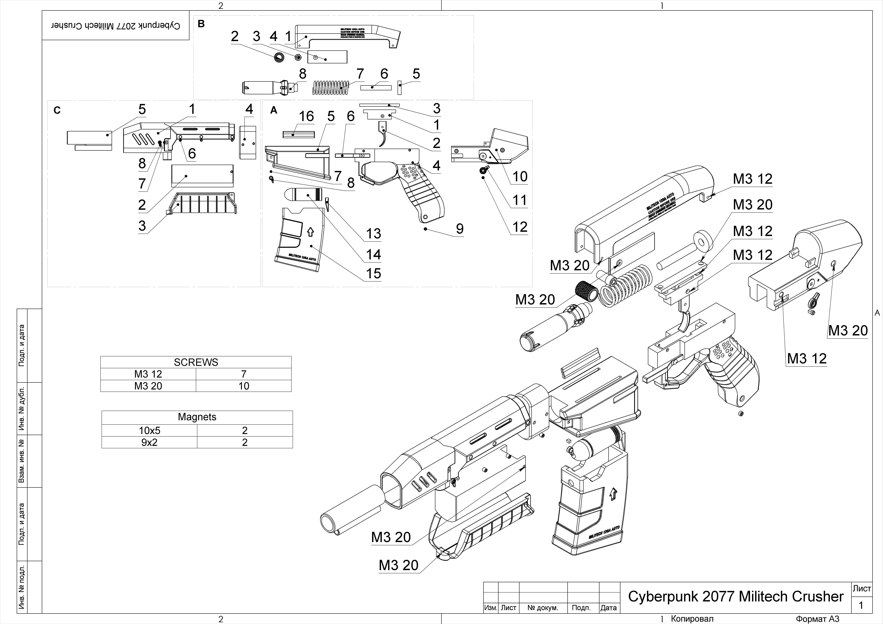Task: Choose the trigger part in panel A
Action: [x=383, y=134]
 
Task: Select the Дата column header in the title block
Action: [x=608, y=608]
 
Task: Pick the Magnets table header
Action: [x=197, y=417]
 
